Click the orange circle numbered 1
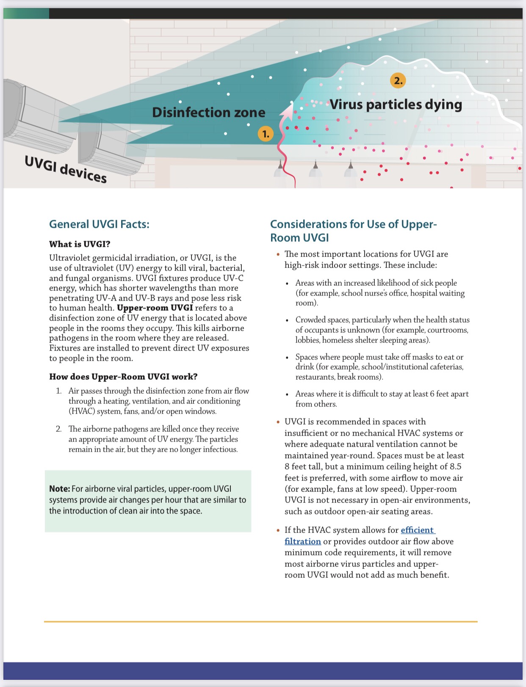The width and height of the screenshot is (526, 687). click(x=266, y=134)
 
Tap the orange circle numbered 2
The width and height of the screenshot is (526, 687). click(x=398, y=80)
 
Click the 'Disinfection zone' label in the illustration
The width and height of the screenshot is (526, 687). click(x=208, y=113)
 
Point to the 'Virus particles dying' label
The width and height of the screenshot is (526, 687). click(x=396, y=105)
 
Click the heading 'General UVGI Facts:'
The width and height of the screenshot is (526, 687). click(x=99, y=224)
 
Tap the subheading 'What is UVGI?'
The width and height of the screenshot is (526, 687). click(x=80, y=244)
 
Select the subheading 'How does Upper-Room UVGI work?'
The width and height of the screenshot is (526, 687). click(x=123, y=377)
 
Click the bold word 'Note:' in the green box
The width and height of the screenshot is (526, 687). click(x=59, y=489)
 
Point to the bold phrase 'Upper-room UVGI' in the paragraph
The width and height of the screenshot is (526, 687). click(x=155, y=308)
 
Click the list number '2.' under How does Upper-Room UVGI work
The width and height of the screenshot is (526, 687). click(x=59, y=429)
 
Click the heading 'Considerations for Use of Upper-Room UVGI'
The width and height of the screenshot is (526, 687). click(x=353, y=230)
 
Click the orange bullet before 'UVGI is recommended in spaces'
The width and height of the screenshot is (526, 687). click(x=278, y=422)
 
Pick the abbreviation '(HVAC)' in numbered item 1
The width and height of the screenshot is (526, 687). click(x=83, y=411)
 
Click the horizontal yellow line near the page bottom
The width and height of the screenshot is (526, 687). click(x=260, y=622)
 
